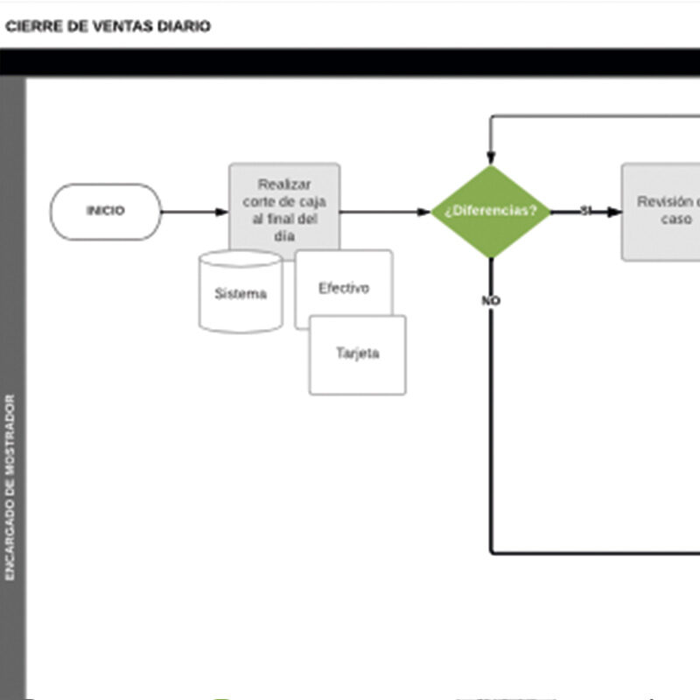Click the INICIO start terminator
pyautogui.click(x=106, y=211)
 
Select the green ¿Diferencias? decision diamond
pyautogui.click(x=490, y=212)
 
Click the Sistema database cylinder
pyautogui.click(x=241, y=293)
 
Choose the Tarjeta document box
pyautogui.click(x=357, y=354)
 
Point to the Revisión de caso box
pyautogui.click(x=661, y=212)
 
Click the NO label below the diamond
pyautogui.click(x=490, y=301)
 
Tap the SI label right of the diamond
pyautogui.click(x=586, y=211)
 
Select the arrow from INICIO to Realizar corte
pyautogui.click(x=194, y=212)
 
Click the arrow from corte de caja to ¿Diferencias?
pyautogui.click(x=385, y=212)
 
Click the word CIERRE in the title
pyautogui.click(x=31, y=26)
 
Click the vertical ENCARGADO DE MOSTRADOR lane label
pyautogui.click(x=10, y=486)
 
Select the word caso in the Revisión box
pyautogui.click(x=675, y=220)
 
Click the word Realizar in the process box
pyautogui.click(x=284, y=185)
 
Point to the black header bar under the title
pyautogui.click(x=350, y=61)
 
